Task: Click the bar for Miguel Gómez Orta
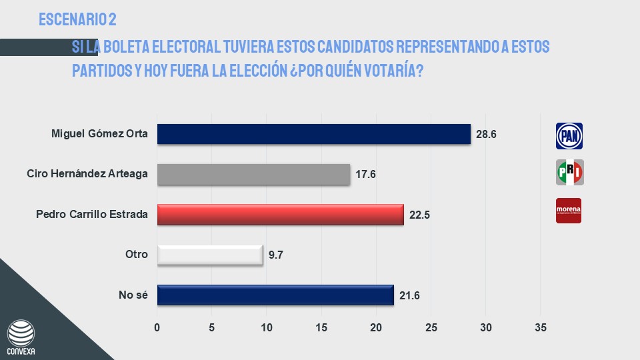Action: click(313, 134)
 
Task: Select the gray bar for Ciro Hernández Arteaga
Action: click(253, 175)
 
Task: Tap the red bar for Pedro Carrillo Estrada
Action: click(280, 215)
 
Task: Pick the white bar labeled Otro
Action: click(210, 255)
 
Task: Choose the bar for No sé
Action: click(275, 295)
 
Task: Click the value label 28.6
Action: click(487, 134)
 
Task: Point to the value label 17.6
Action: click(366, 175)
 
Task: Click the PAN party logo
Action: click(569, 136)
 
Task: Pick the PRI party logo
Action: click(569, 173)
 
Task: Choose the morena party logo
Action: click(569, 210)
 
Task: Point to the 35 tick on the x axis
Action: click(541, 327)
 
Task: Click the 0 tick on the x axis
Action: click(157, 327)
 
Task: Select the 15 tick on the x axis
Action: click(321, 327)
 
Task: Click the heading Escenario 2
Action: click(78, 20)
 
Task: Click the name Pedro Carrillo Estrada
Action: click(92, 215)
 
